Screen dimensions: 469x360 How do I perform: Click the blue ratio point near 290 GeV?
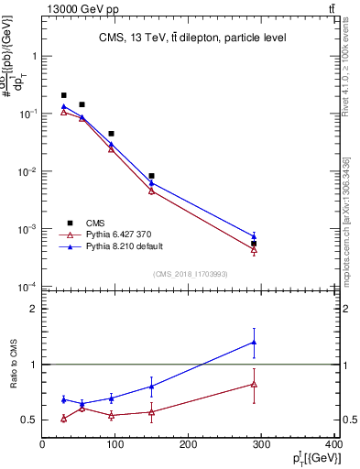[x=254, y=343]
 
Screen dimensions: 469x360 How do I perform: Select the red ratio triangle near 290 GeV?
[x=254, y=384]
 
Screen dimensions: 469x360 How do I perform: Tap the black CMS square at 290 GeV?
[x=254, y=244]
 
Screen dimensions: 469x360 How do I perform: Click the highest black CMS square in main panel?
[x=63, y=95]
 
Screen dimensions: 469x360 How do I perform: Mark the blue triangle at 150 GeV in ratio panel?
[x=151, y=386]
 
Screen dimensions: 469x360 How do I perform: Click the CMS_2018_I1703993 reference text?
[x=189, y=274]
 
